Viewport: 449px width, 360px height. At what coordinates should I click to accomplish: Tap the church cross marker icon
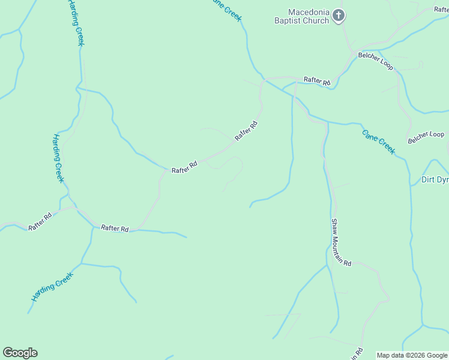[339, 16]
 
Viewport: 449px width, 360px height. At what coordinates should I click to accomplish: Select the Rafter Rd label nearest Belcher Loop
[317, 81]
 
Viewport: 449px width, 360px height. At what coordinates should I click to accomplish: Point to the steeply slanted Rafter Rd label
[246, 131]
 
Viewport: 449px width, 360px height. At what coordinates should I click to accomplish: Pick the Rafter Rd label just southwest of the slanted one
[184, 168]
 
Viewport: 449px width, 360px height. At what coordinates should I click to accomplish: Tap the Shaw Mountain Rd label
[341, 242]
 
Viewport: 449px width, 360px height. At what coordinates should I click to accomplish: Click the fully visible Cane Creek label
[379, 142]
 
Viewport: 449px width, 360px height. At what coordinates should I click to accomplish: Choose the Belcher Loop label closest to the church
[376, 61]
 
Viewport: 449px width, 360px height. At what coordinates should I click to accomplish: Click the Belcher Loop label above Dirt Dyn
[426, 137]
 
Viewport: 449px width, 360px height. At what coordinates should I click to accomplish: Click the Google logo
[20, 353]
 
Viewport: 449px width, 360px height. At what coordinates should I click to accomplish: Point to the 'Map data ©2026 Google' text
[412, 355]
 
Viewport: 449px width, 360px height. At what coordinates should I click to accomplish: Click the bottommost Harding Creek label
[52, 287]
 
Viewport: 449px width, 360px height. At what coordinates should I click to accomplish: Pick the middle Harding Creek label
[57, 158]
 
